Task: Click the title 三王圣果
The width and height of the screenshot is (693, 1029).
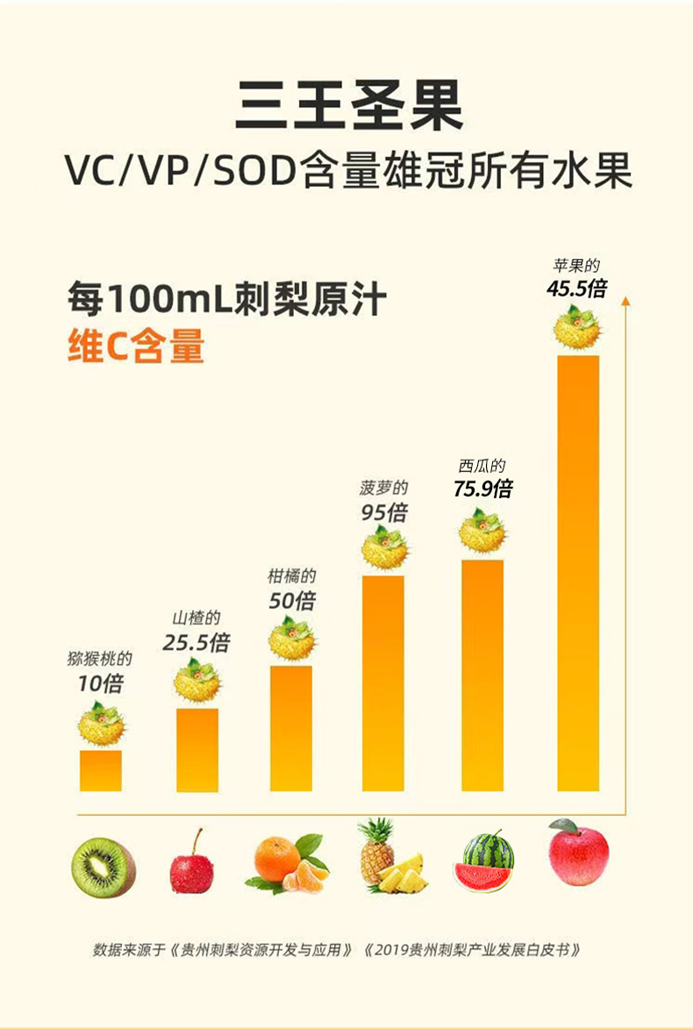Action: [347, 105]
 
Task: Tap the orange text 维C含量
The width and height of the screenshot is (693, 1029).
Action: [136, 347]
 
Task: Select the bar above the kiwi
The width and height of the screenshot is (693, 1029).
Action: [100, 770]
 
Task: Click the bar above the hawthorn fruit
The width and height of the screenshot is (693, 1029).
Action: [196, 749]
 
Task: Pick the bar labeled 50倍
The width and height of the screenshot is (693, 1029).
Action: [290, 728]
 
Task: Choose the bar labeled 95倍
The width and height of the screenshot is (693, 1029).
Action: [383, 682]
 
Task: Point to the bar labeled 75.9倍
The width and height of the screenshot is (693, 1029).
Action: [482, 675]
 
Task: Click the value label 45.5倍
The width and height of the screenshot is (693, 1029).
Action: [576, 288]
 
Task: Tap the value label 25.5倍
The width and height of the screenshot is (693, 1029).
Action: [196, 642]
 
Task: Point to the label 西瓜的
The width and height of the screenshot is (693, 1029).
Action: [482, 467]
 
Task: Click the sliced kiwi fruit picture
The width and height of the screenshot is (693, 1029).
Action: [103, 868]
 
